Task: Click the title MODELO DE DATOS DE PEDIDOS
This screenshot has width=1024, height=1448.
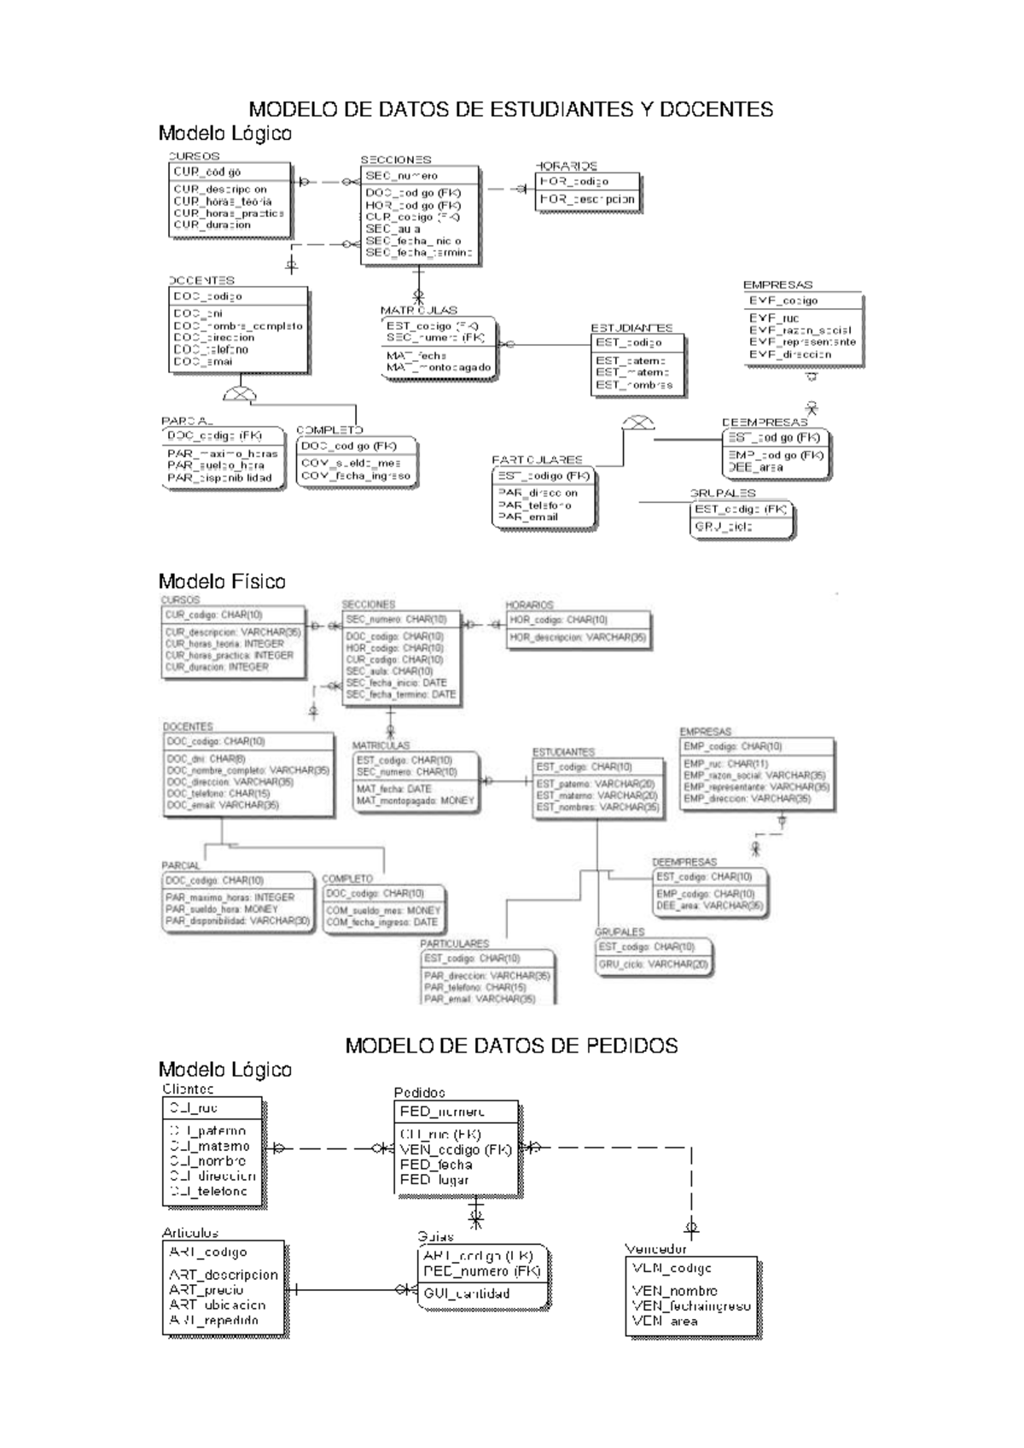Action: pos(511,1046)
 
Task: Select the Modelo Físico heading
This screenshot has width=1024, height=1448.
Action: pos(222,581)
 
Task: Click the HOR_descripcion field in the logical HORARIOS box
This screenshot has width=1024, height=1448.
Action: pos(587,199)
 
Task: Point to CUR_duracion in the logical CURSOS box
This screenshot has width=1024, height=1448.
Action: pos(212,225)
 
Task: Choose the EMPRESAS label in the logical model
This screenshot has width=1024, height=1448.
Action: pos(777,285)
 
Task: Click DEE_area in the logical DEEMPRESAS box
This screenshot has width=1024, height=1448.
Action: pos(756,468)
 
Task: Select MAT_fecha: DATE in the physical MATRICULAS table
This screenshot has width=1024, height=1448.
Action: pos(393,789)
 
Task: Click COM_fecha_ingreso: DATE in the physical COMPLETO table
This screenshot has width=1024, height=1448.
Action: pos(381,922)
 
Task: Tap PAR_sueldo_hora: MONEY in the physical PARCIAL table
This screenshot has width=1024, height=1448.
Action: pos(222,909)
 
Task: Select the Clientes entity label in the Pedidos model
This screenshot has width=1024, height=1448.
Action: pos(188,1089)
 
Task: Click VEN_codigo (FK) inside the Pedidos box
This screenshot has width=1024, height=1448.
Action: pos(455,1150)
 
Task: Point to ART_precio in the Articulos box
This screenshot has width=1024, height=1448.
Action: pos(207,1290)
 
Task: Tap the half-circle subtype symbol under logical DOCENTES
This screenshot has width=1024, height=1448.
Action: pos(239,394)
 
